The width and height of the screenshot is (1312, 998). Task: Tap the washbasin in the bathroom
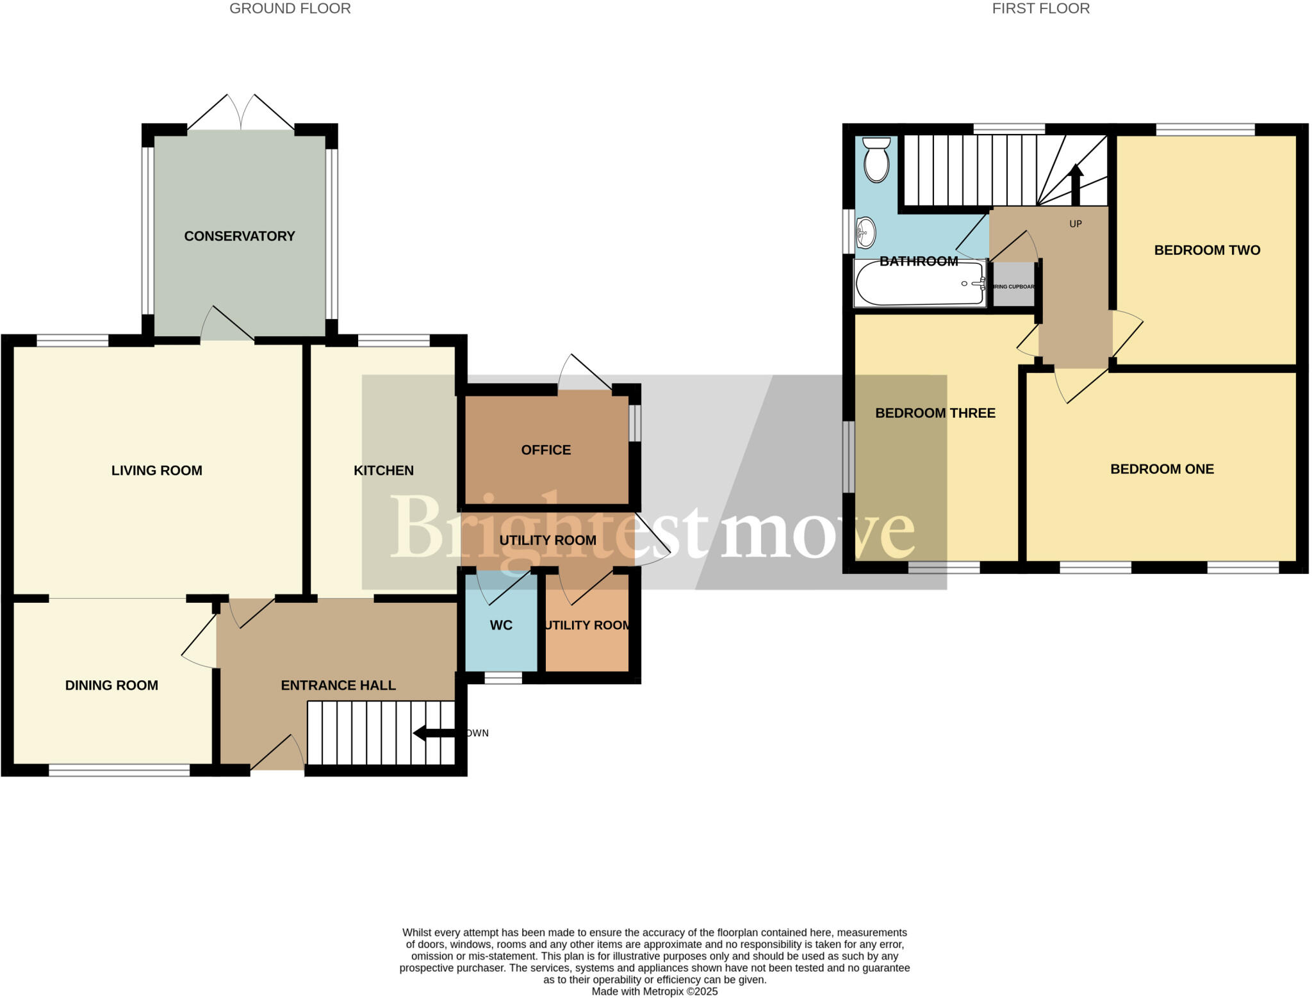865,233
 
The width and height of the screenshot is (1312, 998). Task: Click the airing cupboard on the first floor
1013,286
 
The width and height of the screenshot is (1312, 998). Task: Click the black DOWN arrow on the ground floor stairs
433,733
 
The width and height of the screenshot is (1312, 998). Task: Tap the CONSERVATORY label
240,236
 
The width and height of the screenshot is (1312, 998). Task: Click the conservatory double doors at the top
241,113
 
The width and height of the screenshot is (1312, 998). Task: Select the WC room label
501,625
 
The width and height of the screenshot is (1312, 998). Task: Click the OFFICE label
546,450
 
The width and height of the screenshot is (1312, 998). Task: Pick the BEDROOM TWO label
1207,250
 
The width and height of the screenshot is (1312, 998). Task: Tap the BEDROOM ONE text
1162,469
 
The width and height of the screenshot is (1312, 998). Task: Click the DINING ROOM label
111,685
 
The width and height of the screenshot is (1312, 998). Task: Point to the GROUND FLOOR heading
290,8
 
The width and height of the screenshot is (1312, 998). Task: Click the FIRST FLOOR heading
1040,8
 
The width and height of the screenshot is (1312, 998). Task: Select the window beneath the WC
503,678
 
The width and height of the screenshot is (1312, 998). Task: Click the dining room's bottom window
119,771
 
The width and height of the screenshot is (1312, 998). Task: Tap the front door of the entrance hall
277,756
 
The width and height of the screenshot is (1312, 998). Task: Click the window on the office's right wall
634,423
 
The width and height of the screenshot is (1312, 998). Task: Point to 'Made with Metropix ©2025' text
654,992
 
